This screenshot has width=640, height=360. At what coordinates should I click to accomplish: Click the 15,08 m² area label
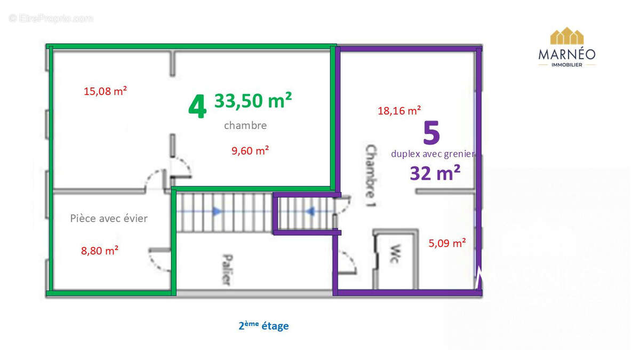point(105,91)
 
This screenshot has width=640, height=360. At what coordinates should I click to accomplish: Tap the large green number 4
point(197,107)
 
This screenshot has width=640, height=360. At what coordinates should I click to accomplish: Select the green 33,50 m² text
point(253,100)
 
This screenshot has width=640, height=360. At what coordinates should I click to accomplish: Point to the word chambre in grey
point(245,126)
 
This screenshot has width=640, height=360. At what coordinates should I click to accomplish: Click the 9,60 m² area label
point(250,151)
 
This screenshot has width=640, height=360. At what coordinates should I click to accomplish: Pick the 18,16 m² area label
point(399,111)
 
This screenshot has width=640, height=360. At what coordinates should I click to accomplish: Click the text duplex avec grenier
point(433,154)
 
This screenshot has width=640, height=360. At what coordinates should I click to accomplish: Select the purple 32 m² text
point(435,173)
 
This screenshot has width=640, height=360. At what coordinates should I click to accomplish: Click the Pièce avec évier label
point(109,218)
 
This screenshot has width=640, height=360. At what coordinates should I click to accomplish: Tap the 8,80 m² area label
point(100,250)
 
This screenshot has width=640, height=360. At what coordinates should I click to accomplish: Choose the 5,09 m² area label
point(447,243)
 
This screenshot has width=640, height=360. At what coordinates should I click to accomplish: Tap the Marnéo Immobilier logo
point(567,47)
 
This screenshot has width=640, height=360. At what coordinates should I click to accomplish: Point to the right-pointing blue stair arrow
point(217,211)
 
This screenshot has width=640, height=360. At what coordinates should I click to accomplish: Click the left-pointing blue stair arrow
point(310,211)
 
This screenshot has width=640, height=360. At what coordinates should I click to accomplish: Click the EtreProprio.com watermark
point(51,18)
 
